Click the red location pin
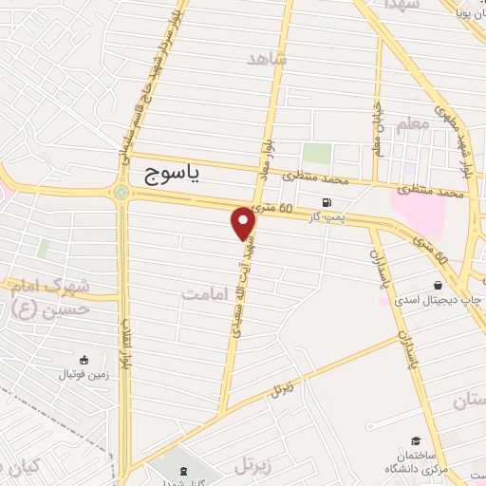coord(244,222)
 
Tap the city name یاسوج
coord(178,176)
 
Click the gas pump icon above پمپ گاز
coord(327,202)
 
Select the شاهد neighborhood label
coord(267,59)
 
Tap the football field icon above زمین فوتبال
coord(84,360)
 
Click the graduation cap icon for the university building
coord(417,440)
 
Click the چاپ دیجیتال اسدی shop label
coord(437,302)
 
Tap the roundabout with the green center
coord(121,194)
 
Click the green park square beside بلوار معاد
coord(315,155)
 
